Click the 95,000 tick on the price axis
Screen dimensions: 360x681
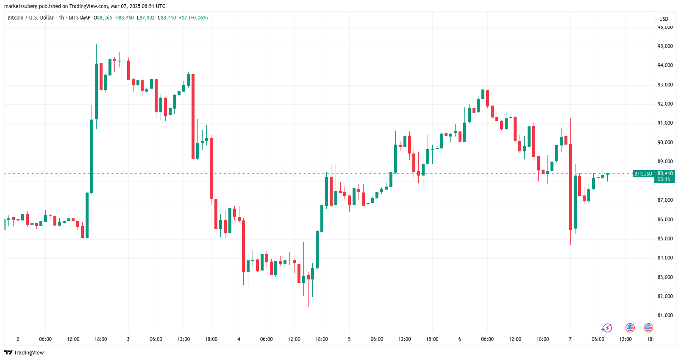click(665, 46)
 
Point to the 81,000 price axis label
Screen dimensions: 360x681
click(665, 315)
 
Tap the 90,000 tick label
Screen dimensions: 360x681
click(665, 142)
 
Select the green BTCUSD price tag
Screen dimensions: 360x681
click(643, 174)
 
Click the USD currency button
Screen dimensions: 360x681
click(664, 19)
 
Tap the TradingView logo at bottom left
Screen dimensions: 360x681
click(24, 353)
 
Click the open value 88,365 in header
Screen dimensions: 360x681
click(105, 18)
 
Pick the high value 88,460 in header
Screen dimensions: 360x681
click(126, 18)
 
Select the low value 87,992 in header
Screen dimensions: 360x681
click(147, 18)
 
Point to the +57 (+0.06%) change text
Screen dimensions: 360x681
click(193, 18)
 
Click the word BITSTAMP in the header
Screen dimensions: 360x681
click(80, 18)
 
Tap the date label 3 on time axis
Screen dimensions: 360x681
click(128, 339)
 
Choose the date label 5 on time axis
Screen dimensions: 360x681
click(349, 339)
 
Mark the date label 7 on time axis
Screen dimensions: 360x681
click(570, 339)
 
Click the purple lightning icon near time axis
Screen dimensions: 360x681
click(607, 328)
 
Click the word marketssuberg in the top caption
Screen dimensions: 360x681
click(21, 6)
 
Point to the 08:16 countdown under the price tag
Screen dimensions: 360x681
click(664, 179)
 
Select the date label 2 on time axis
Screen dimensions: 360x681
click(18, 339)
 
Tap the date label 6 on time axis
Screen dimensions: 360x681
click(459, 339)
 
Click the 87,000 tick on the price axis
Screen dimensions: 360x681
click(665, 200)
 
